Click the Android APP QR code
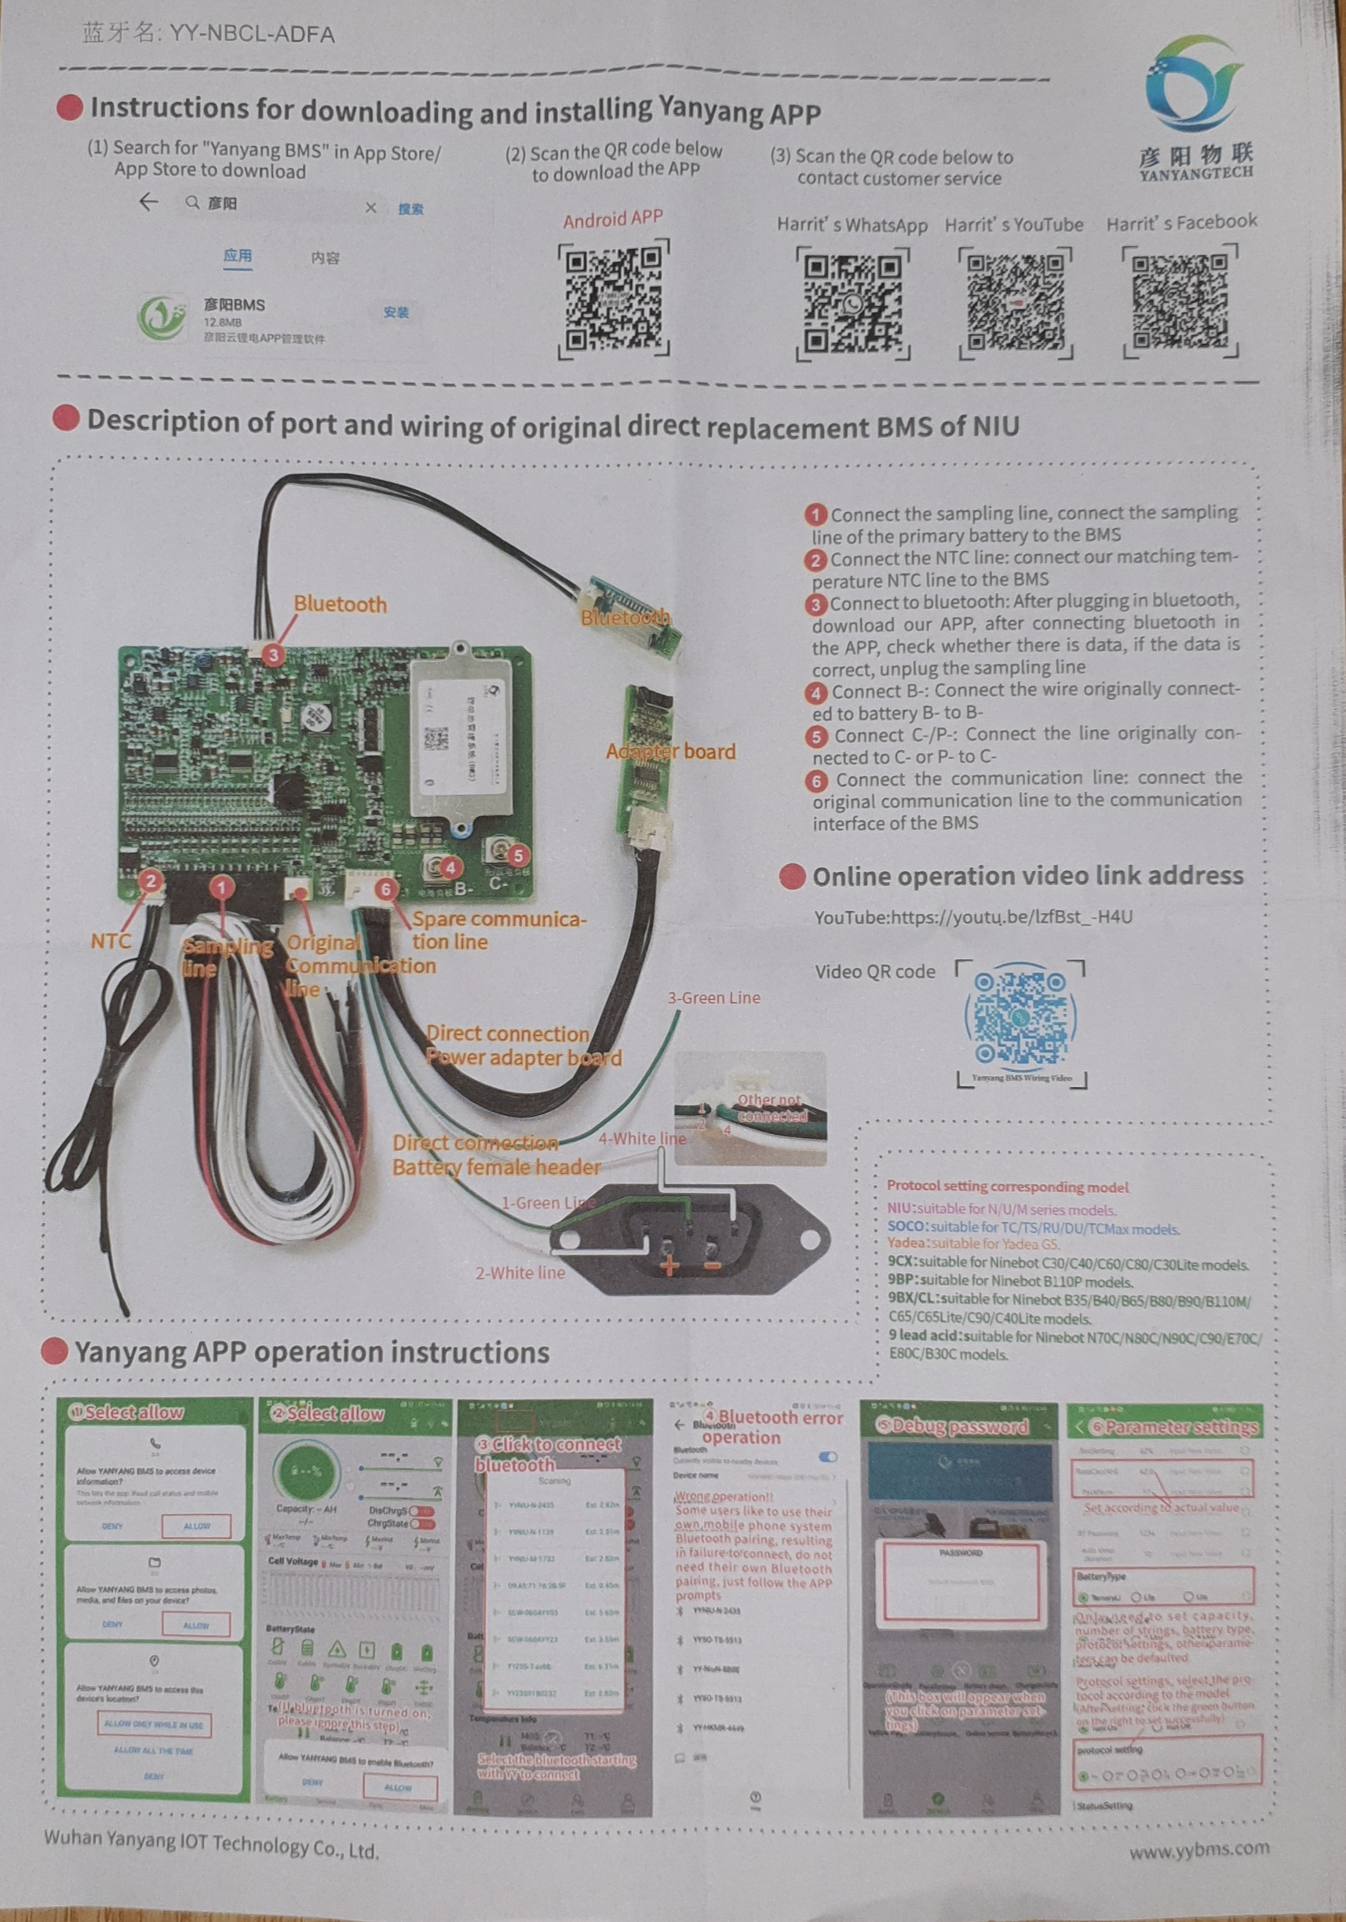pos(614,299)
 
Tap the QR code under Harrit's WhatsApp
pos(852,303)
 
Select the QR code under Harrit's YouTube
pos(1016,301)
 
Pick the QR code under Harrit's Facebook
pos(1180,300)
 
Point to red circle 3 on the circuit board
pos(273,655)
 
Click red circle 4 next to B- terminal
pos(450,868)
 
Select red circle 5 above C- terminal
pos(518,855)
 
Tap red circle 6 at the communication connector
pos(387,888)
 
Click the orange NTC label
pos(111,941)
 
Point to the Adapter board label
pos(670,752)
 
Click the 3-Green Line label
pos(713,997)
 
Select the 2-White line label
pos(520,1273)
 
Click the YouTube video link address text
pos(972,917)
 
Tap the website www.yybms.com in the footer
pos(1198,1848)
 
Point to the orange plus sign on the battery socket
pos(669,1265)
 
